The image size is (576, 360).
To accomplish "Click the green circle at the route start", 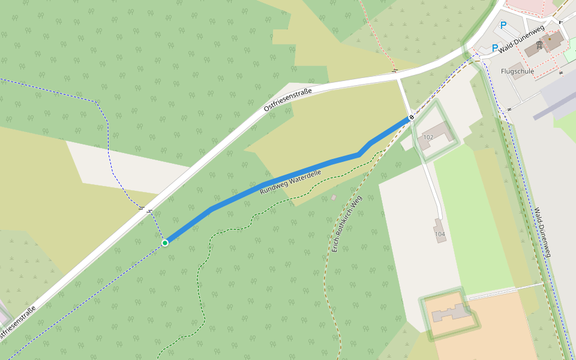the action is tap(165, 242).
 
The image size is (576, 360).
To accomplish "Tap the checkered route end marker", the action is tap(412, 118).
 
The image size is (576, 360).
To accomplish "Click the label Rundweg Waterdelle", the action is tap(290, 182).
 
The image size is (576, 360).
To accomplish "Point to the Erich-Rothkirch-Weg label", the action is tap(347, 223).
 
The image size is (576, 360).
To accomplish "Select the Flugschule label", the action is tap(517, 71).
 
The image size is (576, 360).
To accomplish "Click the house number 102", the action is tap(428, 137).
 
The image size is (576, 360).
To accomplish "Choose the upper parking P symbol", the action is tap(503, 25).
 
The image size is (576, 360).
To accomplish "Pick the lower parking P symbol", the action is tap(495, 48).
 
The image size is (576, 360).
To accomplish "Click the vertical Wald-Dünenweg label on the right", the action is tap(542, 233).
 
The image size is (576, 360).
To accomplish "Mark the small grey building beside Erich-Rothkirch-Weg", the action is tap(334, 197).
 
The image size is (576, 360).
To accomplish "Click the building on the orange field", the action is tap(453, 313).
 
